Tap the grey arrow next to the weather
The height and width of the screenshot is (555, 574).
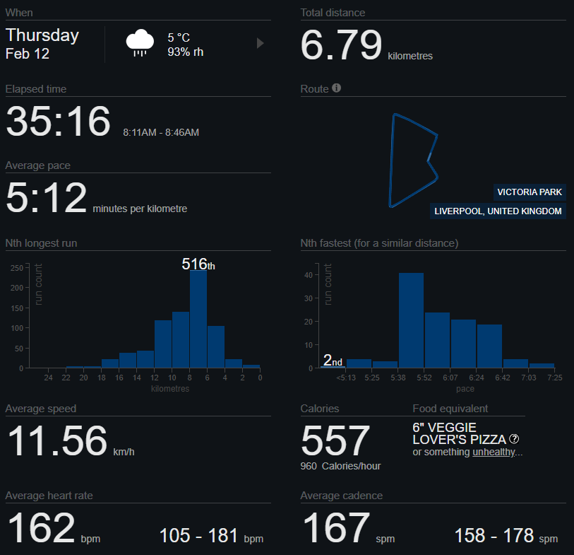click(x=260, y=43)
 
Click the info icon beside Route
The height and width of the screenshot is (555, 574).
click(x=337, y=88)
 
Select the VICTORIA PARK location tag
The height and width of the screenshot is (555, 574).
click(x=530, y=192)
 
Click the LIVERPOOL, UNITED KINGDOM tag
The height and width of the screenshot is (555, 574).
click(x=498, y=211)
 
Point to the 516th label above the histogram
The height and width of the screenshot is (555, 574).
click(x=198, y=264)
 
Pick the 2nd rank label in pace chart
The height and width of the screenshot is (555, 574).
click(x=333, y=361)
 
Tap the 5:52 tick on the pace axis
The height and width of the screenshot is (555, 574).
click(x=423, y=378)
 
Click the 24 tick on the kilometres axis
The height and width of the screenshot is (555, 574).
click(x=49, y=378)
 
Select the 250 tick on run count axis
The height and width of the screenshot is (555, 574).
click(x=16, y=268)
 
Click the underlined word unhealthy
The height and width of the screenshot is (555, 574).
click(x=494, y=452)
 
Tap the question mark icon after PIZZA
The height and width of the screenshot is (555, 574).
click(x=514, y=439)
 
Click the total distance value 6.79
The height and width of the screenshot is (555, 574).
click(x=341, y=46)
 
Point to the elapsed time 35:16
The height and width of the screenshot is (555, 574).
click(x=58, y=122)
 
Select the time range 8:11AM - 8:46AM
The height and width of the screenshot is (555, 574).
click(x=160, y=132)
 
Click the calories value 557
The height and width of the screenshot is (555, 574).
click(x=335, y=440)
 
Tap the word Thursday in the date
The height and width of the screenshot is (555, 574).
click(x=42, y=35)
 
